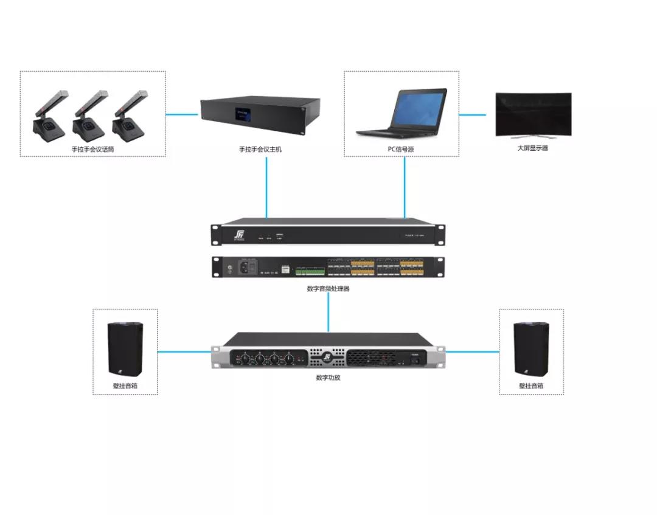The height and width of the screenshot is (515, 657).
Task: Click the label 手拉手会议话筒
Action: (x=92, y=149)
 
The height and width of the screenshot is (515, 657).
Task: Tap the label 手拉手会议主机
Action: (x=260, y=149)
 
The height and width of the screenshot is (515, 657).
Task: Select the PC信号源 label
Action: (x=401, y=149)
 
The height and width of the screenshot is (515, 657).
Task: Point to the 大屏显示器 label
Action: (x=532, y=148)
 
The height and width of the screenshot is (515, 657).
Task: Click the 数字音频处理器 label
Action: (x=328, y=289)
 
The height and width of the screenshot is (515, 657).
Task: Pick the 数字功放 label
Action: (x=328, y=378)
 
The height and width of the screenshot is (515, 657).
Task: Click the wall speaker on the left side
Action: (x=125, y=348)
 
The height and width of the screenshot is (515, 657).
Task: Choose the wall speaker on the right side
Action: (x=530, y=348)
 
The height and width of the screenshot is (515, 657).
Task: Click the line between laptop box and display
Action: (x=473, y=114)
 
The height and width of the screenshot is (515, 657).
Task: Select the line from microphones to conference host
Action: (x=183, y=114)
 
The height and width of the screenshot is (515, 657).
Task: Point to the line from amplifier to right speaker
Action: (x=472, y=351)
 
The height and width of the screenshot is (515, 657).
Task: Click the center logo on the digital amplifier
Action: (x=327, y=355)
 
